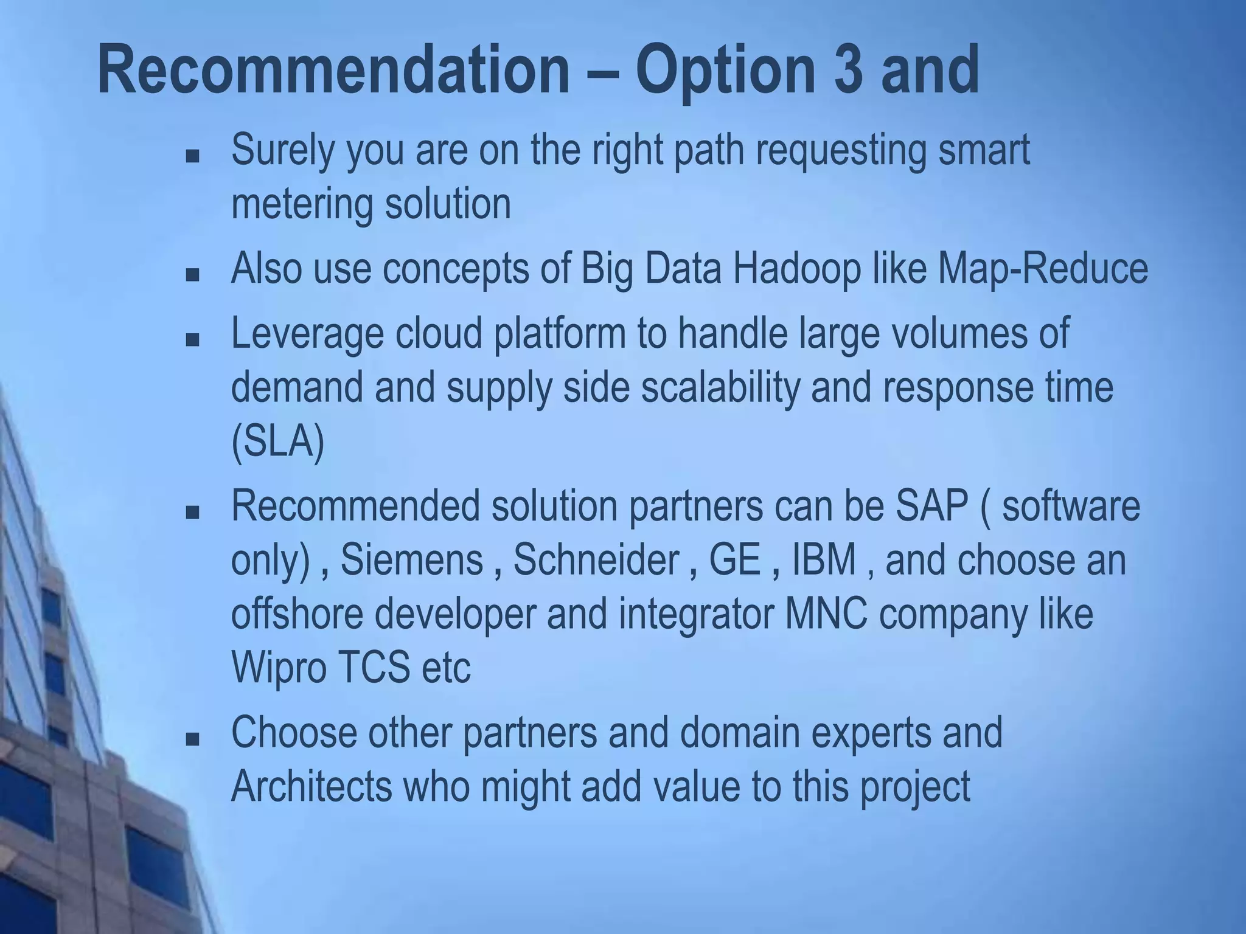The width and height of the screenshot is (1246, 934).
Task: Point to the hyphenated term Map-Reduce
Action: (x=1042, y=269)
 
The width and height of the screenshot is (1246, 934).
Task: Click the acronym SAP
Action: (x=931, y=506)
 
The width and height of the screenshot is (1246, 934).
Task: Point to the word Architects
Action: (x=311, y=786)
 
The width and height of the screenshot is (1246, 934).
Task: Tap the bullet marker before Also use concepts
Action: (x=193, y=275)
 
